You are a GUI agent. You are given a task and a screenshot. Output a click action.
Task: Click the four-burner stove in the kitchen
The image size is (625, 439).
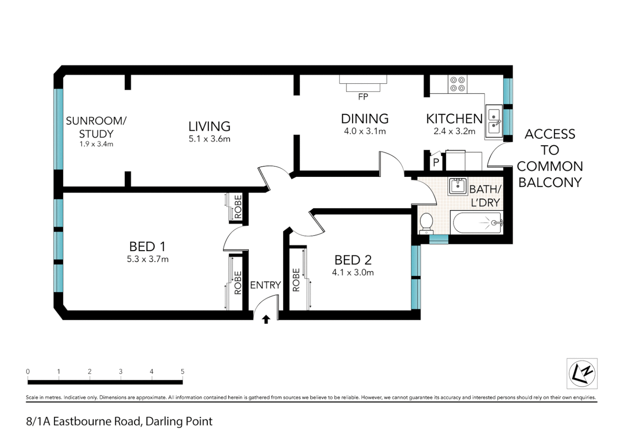click(457, 84)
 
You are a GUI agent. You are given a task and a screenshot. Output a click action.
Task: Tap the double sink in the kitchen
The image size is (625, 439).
click(494, 121)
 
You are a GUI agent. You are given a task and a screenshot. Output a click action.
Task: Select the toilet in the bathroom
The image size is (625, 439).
click(426, 223)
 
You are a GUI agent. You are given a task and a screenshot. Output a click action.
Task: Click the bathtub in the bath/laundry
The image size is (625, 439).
click(477, 223)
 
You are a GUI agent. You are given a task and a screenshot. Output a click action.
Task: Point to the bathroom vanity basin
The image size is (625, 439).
click(458, 186)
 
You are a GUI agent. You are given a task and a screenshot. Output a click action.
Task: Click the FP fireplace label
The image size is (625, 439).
click(363, 97)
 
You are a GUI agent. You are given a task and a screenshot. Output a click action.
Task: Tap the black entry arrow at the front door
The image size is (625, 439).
click(266, 319)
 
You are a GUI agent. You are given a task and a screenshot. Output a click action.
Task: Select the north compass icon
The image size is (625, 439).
click(582, 374)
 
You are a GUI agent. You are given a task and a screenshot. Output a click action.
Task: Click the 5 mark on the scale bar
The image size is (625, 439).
click(182, 372)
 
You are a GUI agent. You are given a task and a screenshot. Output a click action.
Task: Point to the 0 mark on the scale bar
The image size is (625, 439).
click(28, 372)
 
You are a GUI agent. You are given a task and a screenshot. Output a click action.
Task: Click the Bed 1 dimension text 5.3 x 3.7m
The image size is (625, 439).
click(147, 259)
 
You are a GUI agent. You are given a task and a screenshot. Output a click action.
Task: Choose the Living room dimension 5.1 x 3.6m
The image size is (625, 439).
click(209, 139)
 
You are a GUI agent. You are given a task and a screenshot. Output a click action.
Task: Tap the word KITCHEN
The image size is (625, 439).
click(454, 119)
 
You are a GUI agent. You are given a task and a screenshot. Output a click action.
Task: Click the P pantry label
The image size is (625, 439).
click(436, 163)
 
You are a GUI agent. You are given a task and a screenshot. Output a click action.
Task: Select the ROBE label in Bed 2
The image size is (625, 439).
click(296, 280)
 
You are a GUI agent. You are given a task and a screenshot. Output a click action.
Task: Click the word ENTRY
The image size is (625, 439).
click(265, 285)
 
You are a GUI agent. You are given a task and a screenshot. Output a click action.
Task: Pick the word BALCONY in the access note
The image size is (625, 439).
click(550, 183)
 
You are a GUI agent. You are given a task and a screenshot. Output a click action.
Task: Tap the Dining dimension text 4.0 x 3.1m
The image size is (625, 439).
click(364, 131)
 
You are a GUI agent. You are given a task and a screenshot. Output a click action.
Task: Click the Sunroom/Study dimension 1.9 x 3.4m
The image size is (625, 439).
click(96, 144)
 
